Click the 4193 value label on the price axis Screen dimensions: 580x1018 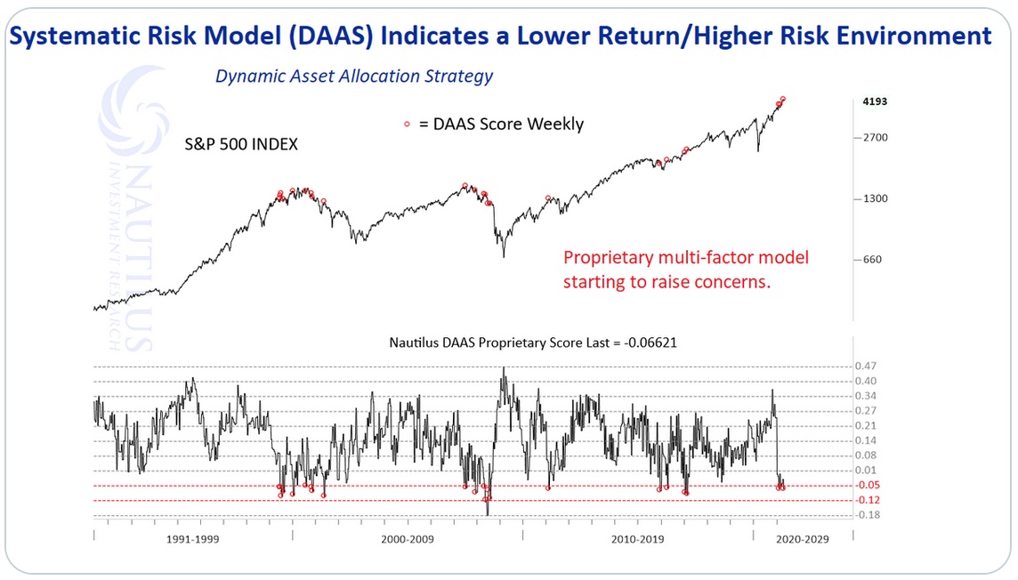click(876, 102)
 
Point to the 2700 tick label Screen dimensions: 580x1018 click(876, 138)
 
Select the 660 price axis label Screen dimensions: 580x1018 click(873, 260)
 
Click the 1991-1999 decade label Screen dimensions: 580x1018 click(193, 540)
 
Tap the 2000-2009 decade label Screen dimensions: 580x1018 click(407, 540)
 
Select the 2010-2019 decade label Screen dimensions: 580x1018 click(638, 540)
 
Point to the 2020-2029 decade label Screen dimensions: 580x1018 click(802, 540)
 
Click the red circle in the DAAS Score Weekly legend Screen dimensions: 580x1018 click(407, 125)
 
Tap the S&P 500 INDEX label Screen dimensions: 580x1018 click(240, 143)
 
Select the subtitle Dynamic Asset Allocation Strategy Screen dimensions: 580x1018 click(354, 77)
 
